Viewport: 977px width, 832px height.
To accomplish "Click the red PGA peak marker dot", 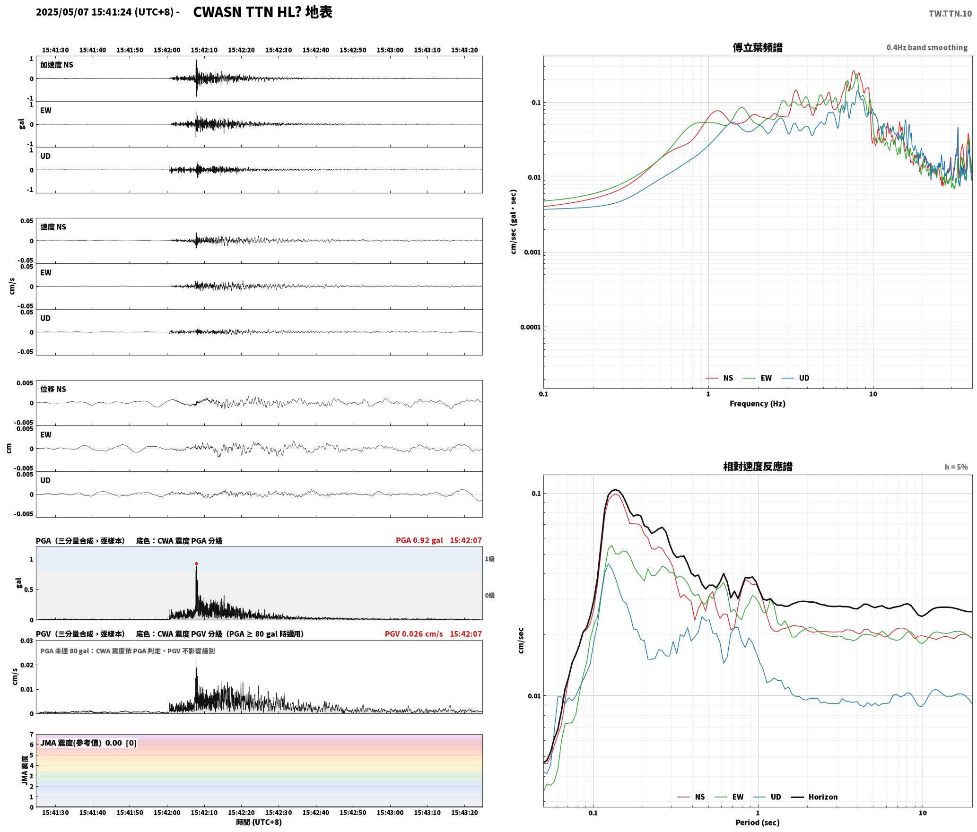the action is (196, 563).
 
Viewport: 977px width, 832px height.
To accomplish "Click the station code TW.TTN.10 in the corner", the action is (950, 13).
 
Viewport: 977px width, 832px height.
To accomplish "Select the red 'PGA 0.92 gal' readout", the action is (419, 540).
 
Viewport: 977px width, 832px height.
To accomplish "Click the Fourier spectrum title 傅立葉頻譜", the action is (757, 47).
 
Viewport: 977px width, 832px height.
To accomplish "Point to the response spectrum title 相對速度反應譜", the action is (758, 467).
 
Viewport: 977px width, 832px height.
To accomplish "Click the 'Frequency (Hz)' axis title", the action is (757, 404).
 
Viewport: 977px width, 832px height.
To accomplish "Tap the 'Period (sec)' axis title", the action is (757, 823).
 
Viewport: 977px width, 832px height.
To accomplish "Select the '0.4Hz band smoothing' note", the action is (927, 47).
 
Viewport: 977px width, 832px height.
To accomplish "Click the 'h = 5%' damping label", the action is (956, 467).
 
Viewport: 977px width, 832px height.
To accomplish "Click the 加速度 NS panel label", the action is (57, 65).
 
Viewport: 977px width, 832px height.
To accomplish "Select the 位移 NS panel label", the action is (53, 389).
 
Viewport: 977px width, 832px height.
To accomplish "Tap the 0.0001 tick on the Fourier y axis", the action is (530, 327).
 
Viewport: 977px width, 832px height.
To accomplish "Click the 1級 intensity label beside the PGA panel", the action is (489, 559).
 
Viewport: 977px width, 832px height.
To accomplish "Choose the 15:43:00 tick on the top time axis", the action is (390, 50).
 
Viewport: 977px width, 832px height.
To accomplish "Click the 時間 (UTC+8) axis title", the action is (259, 822).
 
